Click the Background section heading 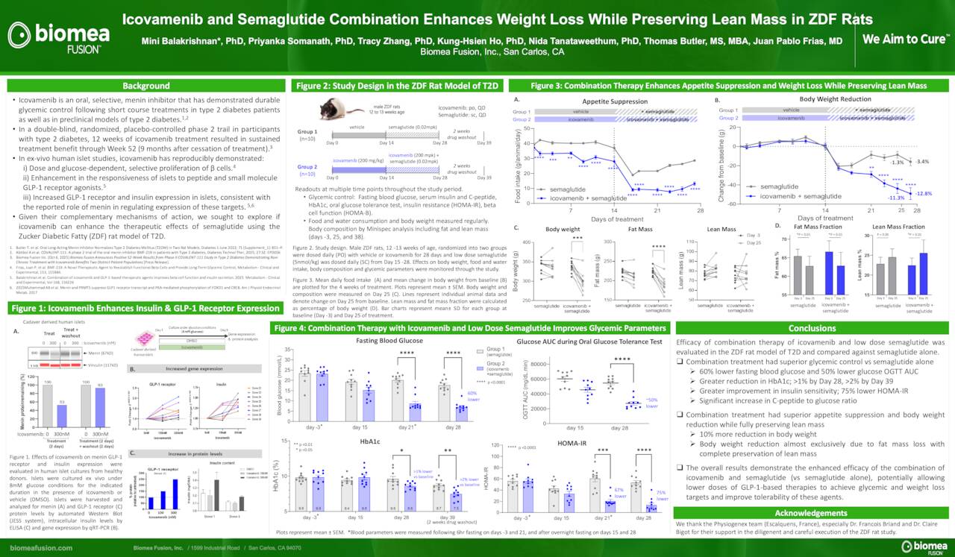(x=146, y=86)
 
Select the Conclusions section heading (x=812, y=327)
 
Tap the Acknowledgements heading (x=812, y=513)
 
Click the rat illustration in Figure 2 (x=336, y=109)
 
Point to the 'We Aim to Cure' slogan (x=904, y=40)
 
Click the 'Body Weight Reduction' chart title (x=835, y=98)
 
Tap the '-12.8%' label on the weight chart (x=924, y=194)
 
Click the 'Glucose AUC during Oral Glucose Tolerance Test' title (x=589, y=342)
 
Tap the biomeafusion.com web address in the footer (x=42, y=548)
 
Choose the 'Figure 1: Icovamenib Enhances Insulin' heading (x=146, y=308)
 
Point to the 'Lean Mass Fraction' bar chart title (x=898, y=226)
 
